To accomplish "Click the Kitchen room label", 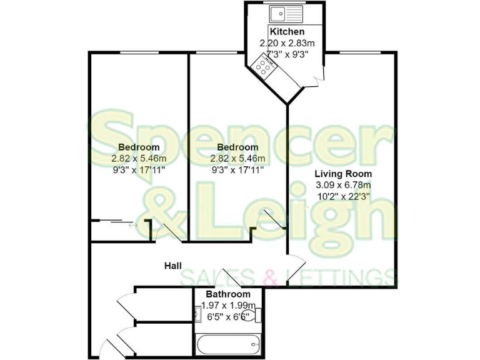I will (x=287, y=32).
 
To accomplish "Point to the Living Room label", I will (x=343, y=174).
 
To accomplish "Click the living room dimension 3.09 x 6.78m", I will (x=343, y=185).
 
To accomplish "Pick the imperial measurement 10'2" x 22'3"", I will (x=343, y=196).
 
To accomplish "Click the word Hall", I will (x=173, y=266).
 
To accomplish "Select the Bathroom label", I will (x=229, y=294).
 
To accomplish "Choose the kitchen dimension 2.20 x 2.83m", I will (x=287, y=43).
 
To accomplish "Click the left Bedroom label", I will (x=136, y=147).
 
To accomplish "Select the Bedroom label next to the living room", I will (x=237, y=147).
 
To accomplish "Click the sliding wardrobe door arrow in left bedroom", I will (x=132, y=226).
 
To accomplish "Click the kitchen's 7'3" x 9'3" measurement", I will (x=287, y=54).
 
